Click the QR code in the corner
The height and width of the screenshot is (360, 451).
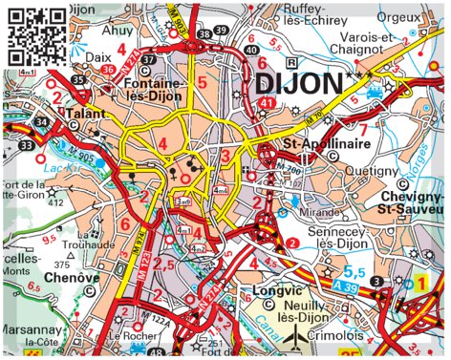tap(37, 35)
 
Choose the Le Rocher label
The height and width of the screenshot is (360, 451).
tap(128, 336)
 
